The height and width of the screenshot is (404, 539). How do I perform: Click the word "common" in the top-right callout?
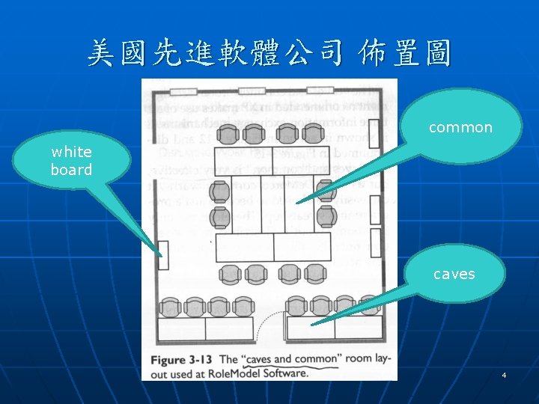pyautogui.click(x=460, y=128)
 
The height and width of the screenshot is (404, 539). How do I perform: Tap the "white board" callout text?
pyautogui.click(x=71, y=161)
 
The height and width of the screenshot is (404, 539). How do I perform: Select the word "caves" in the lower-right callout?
pyautogui.click(x=454, y=274)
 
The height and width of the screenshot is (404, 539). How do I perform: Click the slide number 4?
pyautogui.click(x=505, y=374)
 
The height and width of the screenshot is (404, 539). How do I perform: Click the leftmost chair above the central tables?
pyautogui.click(x=231, y=135)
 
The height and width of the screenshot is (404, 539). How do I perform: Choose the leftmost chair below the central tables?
pyautogui.click(x=229, y=274)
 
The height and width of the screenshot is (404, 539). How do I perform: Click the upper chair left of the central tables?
pyautogui.click(x=219, y=192)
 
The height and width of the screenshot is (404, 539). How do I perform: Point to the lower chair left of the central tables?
pyautogui.click(x=219, y=218)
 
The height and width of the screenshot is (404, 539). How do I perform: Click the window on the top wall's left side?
pyautogui.click(x=183, y=91)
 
